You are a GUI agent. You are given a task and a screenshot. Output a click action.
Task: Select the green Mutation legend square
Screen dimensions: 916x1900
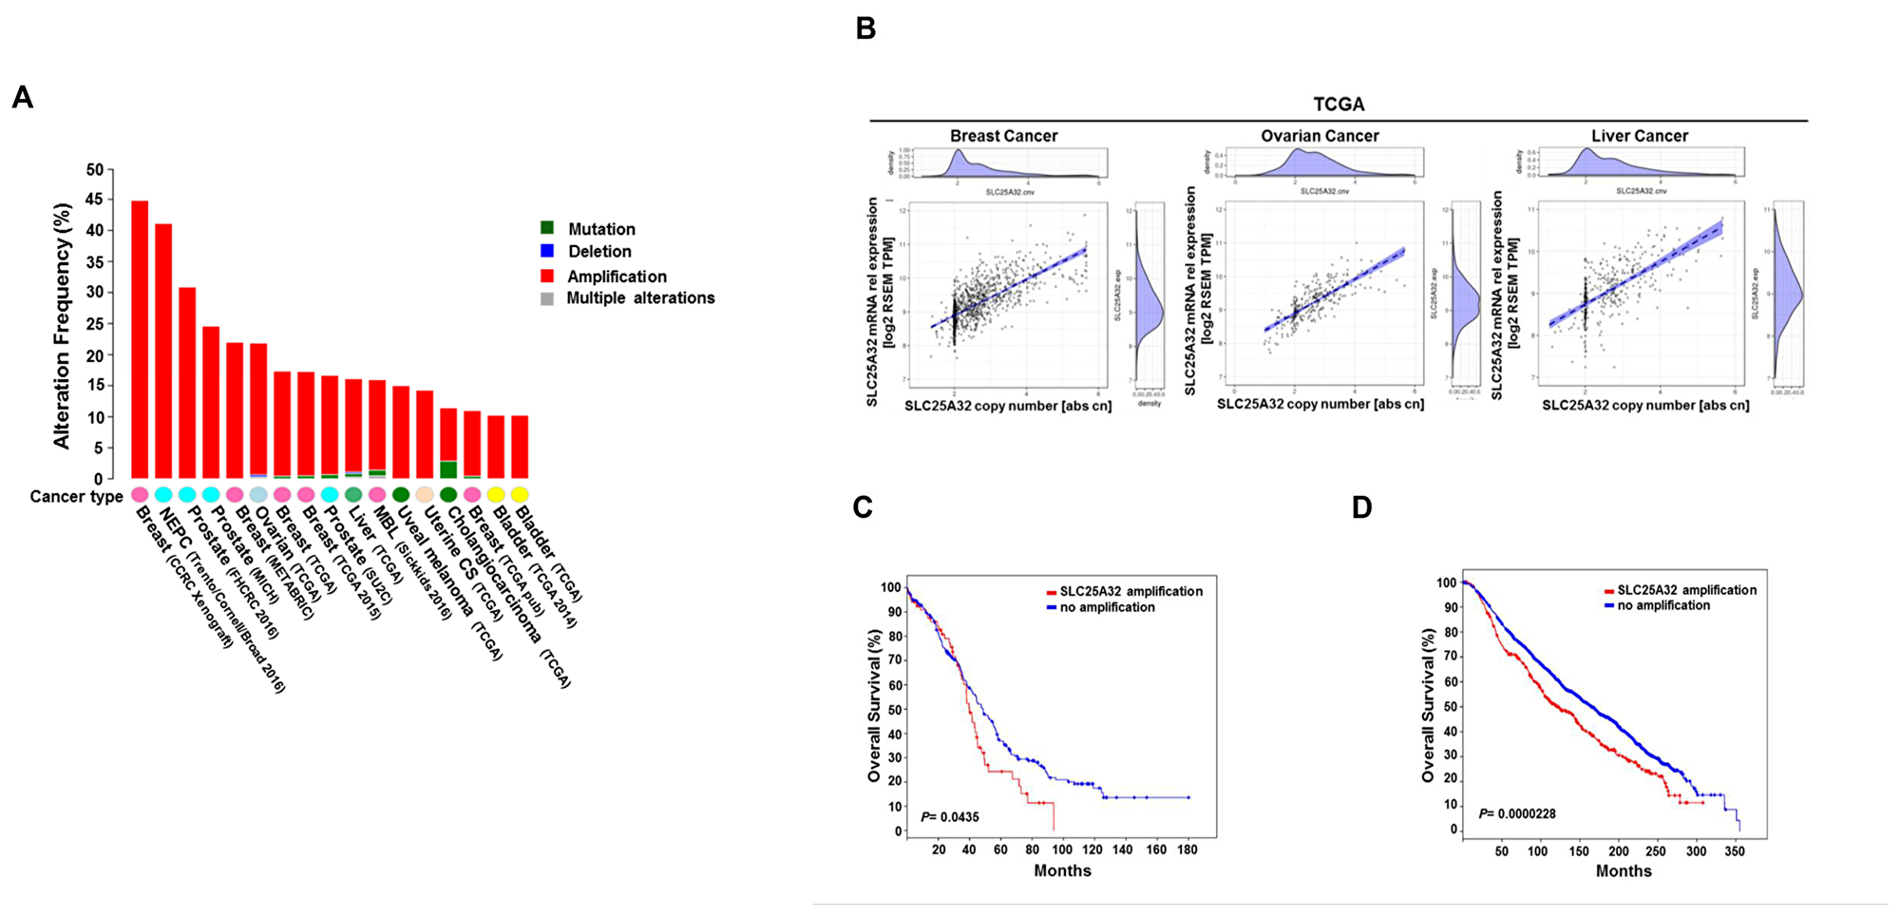tap(547, 228)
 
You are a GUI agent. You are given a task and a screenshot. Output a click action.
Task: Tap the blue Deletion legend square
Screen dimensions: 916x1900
tap(547, 251)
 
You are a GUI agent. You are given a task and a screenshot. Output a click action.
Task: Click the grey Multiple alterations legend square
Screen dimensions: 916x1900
tap(547, 298)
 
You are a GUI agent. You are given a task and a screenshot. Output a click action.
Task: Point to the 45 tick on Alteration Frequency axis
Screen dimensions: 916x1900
tap(95, 200)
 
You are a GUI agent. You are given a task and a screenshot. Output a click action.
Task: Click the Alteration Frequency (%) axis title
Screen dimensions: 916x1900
tap(63, 326)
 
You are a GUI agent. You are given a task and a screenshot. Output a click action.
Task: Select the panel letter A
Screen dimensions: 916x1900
tap(22, 98)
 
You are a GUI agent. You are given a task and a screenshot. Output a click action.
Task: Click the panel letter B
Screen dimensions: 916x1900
tap(865, 29)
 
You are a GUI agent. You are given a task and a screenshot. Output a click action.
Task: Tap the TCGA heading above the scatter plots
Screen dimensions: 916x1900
tap(1339, 105)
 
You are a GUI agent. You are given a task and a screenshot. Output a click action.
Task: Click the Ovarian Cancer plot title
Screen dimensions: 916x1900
tap(1320, 136)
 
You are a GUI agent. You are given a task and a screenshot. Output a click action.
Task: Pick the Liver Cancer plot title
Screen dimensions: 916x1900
tap(1640, 136)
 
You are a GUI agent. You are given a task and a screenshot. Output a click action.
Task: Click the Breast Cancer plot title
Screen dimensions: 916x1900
tap(1003, 136)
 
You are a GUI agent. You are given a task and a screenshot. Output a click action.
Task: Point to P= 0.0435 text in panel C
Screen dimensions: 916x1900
tap(950, 817)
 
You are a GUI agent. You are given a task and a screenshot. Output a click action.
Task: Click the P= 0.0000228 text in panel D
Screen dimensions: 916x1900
tap(1517, 813)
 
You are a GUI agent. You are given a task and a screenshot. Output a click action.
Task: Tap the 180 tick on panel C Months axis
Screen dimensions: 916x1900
tap(1187, 849)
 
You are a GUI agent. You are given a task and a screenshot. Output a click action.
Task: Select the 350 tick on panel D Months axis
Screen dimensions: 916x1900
tap(1734, 851)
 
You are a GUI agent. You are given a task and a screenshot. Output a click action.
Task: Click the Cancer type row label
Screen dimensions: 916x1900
tap(76, 497)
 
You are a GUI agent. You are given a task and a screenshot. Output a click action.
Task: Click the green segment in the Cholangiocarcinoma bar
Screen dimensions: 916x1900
tap(448, 469)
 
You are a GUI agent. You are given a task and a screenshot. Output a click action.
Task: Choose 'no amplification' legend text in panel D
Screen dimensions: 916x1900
tap(1663, 605)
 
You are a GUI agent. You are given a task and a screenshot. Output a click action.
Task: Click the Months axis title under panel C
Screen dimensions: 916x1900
tap(1062, 870)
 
